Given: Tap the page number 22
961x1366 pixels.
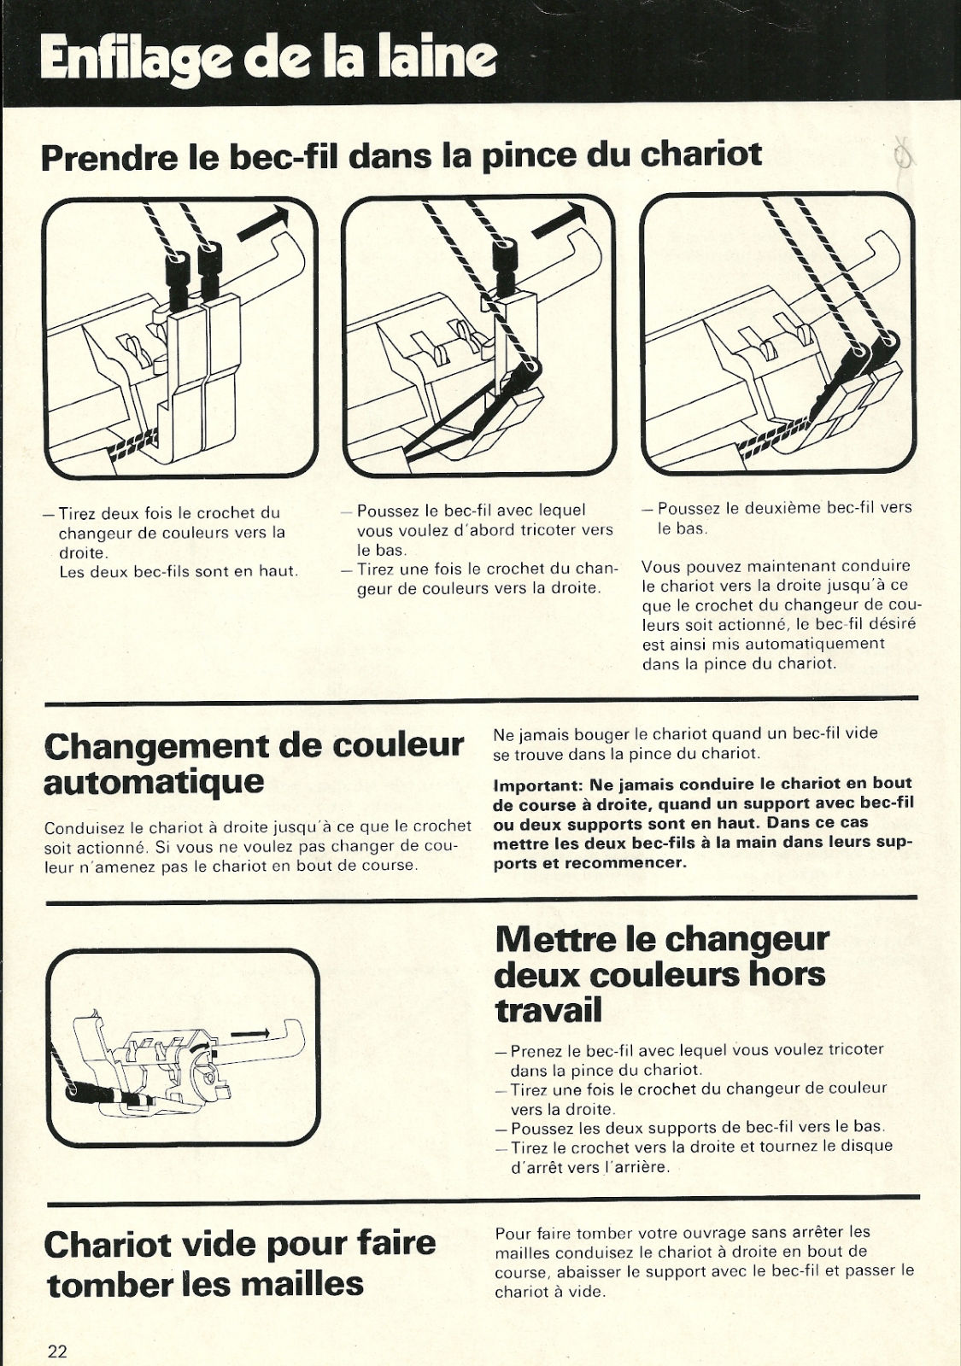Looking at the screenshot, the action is point(57,1346).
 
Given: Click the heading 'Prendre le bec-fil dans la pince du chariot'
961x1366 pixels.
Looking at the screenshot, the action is point(401,155).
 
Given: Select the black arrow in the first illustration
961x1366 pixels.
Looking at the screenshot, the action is point(261,222).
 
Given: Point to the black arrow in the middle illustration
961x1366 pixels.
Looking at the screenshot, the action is point(559,220).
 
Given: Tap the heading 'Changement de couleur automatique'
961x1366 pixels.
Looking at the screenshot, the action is point(254,763).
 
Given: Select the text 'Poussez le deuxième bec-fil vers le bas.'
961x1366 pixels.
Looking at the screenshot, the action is point(777,517).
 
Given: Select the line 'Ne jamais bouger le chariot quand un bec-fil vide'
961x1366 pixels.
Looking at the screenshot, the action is point(685,733).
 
